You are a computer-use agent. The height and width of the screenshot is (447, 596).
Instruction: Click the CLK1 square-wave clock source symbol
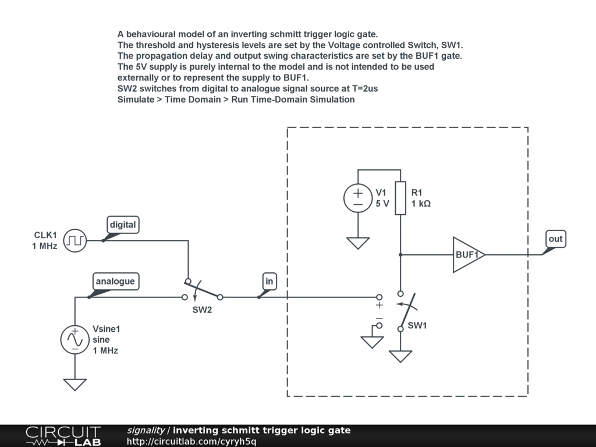74,240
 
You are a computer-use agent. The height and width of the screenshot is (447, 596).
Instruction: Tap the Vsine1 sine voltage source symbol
74,339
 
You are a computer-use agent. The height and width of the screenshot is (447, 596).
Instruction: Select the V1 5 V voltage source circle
358,198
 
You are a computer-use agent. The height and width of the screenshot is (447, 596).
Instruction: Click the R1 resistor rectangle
400,198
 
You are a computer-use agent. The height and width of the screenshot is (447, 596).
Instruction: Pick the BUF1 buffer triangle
468,254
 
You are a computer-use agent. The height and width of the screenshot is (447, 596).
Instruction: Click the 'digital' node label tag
123,225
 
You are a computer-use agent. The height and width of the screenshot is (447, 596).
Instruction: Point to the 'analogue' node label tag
115,281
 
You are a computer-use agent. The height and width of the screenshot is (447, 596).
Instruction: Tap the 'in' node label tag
269,282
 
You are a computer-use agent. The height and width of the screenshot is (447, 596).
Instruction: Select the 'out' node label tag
555,239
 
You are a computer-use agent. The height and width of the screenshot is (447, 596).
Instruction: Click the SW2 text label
202,310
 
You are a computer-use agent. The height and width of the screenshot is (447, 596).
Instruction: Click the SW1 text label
417,325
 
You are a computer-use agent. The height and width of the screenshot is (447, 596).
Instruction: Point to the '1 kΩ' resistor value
421,204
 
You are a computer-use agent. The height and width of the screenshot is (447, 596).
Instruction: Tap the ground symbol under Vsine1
74,384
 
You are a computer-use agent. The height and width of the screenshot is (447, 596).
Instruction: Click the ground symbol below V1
358,243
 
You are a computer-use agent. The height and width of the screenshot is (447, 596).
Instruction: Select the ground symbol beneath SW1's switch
400,356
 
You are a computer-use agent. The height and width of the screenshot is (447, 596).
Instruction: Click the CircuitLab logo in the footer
63,435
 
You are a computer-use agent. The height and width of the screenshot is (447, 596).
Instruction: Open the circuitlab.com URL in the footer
191,441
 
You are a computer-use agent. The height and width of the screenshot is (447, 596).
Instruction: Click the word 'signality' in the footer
146,430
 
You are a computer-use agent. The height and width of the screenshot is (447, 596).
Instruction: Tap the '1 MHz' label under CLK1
45,247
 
